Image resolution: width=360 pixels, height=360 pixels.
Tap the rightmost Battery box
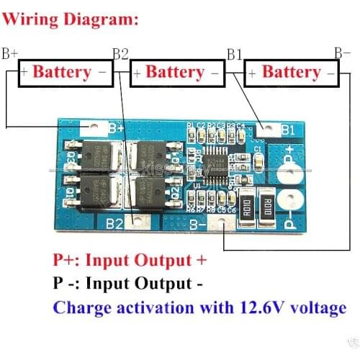click(292, 73)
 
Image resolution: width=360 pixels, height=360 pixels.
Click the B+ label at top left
click(10, 53)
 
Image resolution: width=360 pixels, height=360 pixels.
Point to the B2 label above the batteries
click(120, 53)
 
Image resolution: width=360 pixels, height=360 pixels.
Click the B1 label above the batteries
click(235, 53)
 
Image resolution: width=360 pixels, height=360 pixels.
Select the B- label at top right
click(342, 53)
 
